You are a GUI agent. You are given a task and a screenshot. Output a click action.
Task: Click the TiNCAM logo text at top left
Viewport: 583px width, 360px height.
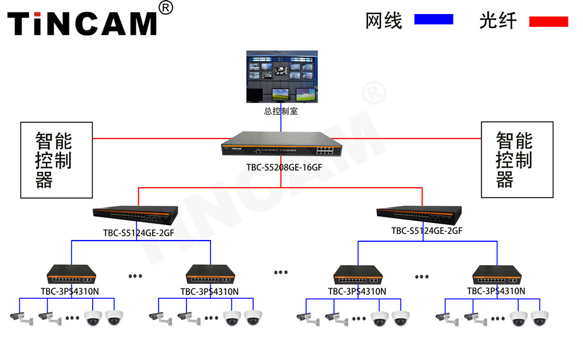point(82,23)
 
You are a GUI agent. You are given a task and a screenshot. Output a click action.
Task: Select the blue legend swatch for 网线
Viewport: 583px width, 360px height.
point(433,19)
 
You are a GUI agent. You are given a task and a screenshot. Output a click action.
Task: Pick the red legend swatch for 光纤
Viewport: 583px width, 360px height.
point(548,22)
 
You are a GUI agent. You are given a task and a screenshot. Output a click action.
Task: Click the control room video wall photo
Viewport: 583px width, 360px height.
point(281,76)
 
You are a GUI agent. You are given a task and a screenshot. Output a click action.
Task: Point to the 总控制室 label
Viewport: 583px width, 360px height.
point(281,111)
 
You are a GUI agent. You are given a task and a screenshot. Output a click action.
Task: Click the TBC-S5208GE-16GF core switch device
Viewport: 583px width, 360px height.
point(281,145)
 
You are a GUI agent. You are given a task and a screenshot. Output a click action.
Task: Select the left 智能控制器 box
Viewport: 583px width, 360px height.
point(57,160)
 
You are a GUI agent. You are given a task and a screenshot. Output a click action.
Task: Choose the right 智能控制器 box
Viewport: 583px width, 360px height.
point(517,160)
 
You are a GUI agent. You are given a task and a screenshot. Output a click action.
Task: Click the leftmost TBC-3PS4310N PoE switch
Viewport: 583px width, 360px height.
point(72,274)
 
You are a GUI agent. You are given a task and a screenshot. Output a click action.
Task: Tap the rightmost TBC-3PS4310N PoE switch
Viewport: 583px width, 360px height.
point(497,274)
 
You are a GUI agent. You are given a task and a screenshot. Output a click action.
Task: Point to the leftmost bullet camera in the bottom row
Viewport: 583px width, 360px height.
point(17,317)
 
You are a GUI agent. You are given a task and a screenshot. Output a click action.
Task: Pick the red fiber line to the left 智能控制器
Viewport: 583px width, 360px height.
point(157,139)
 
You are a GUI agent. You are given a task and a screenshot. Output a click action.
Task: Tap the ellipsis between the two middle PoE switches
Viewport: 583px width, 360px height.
point(281,272)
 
